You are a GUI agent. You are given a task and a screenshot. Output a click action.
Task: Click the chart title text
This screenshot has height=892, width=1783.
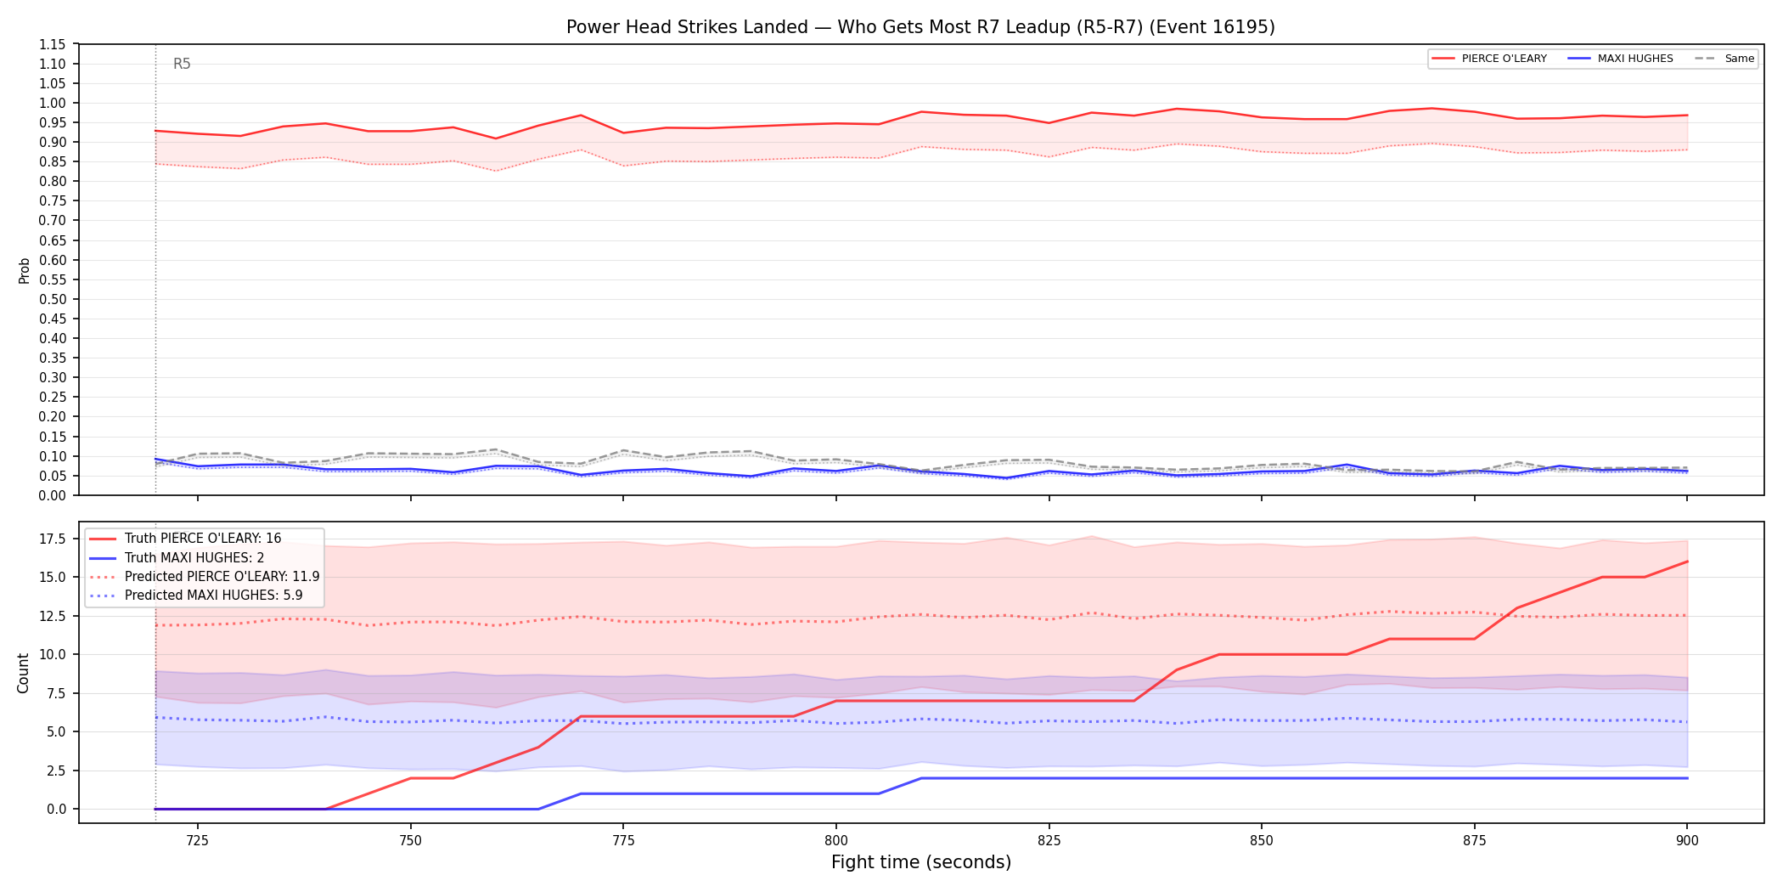920,27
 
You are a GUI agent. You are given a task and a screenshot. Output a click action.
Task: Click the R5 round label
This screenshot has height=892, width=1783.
182,64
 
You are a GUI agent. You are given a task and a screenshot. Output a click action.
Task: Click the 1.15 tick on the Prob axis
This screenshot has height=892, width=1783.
53,44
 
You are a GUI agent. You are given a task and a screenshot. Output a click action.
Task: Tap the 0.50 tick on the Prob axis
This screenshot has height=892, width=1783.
53,299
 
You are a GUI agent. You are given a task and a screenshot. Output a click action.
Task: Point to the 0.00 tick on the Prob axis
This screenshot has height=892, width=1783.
53,495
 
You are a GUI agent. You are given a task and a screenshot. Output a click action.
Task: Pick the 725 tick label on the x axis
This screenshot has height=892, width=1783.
198,840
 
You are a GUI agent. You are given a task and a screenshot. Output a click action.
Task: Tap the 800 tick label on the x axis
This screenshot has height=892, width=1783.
836,840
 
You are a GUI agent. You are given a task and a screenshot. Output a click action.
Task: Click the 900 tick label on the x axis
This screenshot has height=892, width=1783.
1687,840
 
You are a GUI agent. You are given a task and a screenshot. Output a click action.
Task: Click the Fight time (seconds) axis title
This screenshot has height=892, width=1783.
921,862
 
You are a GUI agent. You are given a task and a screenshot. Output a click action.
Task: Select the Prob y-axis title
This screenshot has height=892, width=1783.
24,270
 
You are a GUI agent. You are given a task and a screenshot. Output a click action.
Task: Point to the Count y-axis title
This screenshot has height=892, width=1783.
23,673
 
